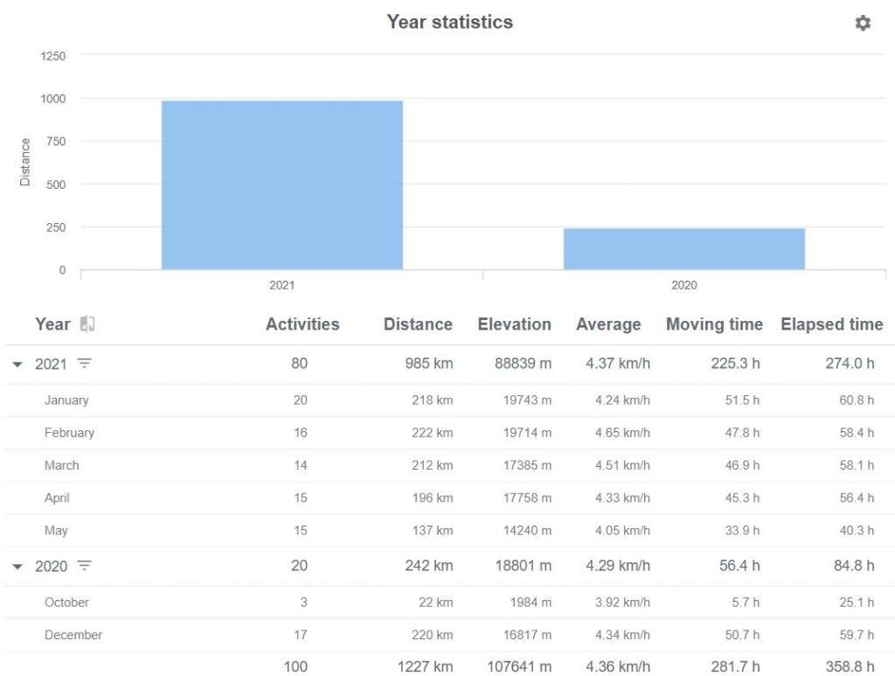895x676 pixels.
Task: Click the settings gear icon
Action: pyautogui.click(x=863, y=24)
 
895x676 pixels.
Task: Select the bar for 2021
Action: pyautogui.click(x=281, y=185)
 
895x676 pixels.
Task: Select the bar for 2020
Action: pyautogui.click(x=683, y=248)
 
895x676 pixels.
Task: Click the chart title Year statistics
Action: pyautogui.click(x=449, y=22)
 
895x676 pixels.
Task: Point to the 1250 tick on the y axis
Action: pyautogui.click(x=53, y=56)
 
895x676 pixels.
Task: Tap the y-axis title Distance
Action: pyautogui.click(x=24, y=162)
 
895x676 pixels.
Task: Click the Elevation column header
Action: pyautogui.click(x=514, y=324)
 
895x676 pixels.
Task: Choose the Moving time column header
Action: pyautogui.click(x=714, y=324)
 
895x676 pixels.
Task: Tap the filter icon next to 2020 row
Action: pyautogui.click(x=84, y=566)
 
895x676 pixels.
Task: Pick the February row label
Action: pyautogui.click(x=69, y=433)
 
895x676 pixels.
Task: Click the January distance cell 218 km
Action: pyautogui.click(x=432, y=401)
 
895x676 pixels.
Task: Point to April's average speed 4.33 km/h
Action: pyautogui.click(x=622, y=498)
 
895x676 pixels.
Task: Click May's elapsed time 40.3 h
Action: pyautogui.click(x=857, y=530)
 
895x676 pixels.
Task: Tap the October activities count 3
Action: pyautogui.click(x=302, y=603)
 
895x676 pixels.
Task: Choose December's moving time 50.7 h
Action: pyautogui.click(x=741, y=635)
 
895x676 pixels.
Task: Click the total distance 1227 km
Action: pyautogui.click(x=425, y=666)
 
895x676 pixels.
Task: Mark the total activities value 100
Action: pyautogui.click(x=295, y=666)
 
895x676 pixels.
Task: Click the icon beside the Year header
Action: pyautogui.click(x=87, y=324)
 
